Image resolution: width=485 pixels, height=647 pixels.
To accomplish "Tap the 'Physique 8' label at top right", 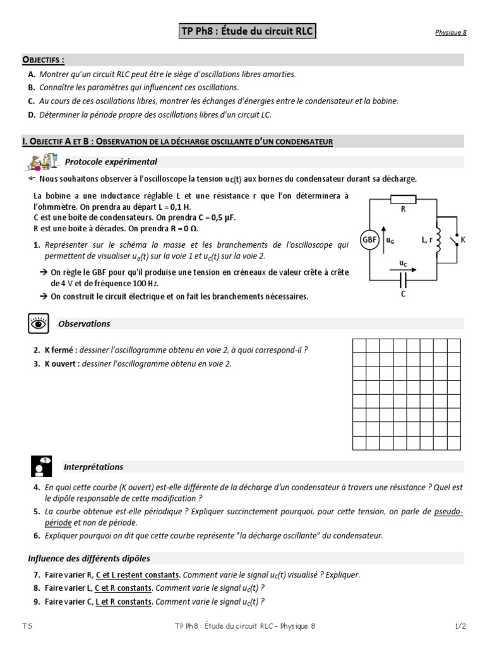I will point(450,33).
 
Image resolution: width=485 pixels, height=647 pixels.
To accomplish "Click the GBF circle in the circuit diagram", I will point(369,240).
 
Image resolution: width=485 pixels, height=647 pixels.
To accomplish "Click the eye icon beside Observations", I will point(37,323).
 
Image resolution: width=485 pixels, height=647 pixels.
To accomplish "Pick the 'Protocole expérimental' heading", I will point(111,162).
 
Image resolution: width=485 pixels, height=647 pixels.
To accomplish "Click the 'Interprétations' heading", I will point(93,467).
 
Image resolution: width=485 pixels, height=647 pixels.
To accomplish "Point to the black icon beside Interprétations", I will point(41,466).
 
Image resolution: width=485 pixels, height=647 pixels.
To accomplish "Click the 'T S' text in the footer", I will point(27,626).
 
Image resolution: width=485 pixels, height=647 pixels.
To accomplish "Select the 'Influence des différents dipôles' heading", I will point(88,559).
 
